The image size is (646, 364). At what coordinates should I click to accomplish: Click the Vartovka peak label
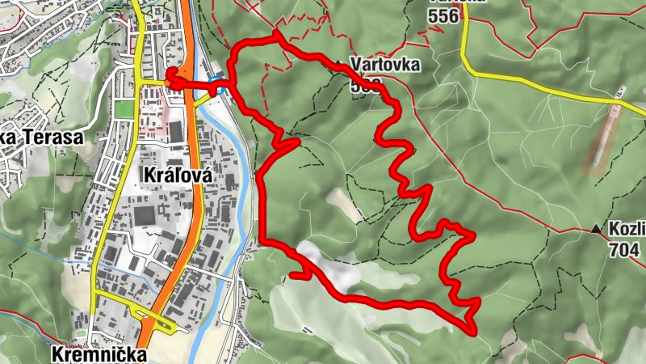point(385,65)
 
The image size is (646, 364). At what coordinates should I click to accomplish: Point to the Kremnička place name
point(99,354)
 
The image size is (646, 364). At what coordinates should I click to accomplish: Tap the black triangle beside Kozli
point(597,231)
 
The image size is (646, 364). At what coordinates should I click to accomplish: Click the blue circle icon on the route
point(217,79)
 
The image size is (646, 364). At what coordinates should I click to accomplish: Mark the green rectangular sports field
point(124,108)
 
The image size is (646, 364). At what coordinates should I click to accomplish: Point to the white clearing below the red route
point(331,267)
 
